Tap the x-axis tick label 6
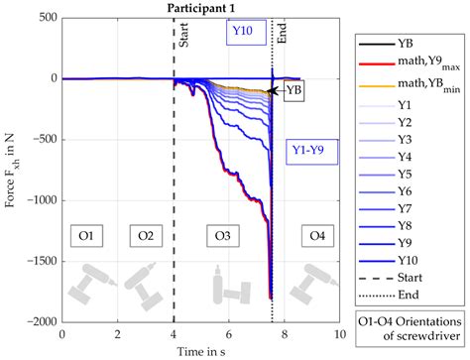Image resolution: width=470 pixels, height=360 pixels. (229, 334)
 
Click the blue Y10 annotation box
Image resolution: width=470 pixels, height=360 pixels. (243, 32)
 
